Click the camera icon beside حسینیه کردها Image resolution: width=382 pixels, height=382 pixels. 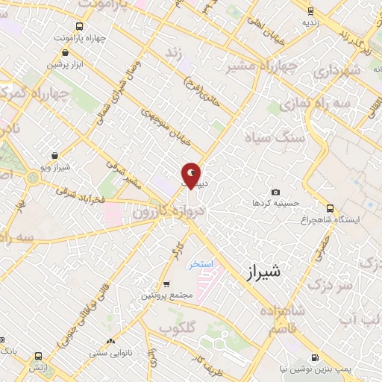tap(275, 192)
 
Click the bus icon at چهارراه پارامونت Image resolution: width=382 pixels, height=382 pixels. tap(66, 53)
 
